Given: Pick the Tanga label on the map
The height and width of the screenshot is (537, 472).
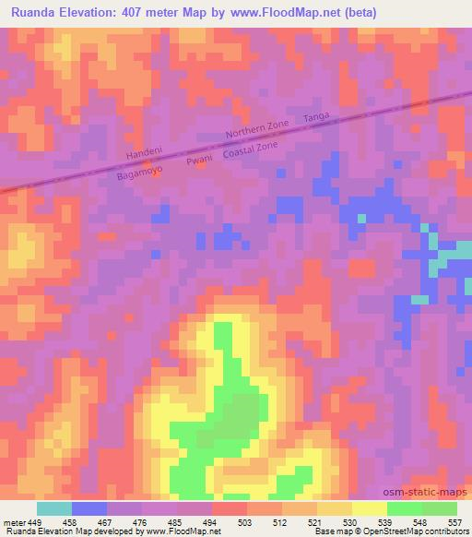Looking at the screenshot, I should tap(316, 117).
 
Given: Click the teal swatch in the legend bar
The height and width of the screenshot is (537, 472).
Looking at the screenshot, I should tap(54, 507).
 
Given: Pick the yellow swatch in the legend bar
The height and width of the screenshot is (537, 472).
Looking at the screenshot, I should tap(370, 507).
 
